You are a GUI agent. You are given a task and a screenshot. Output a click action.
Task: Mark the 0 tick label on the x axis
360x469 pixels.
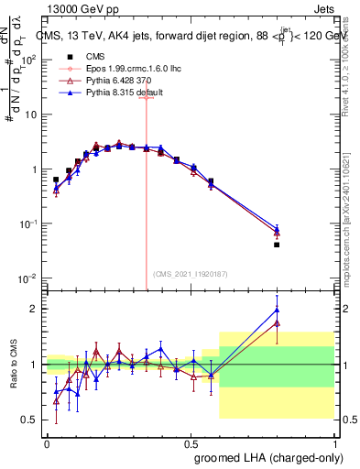pos(47,442)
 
